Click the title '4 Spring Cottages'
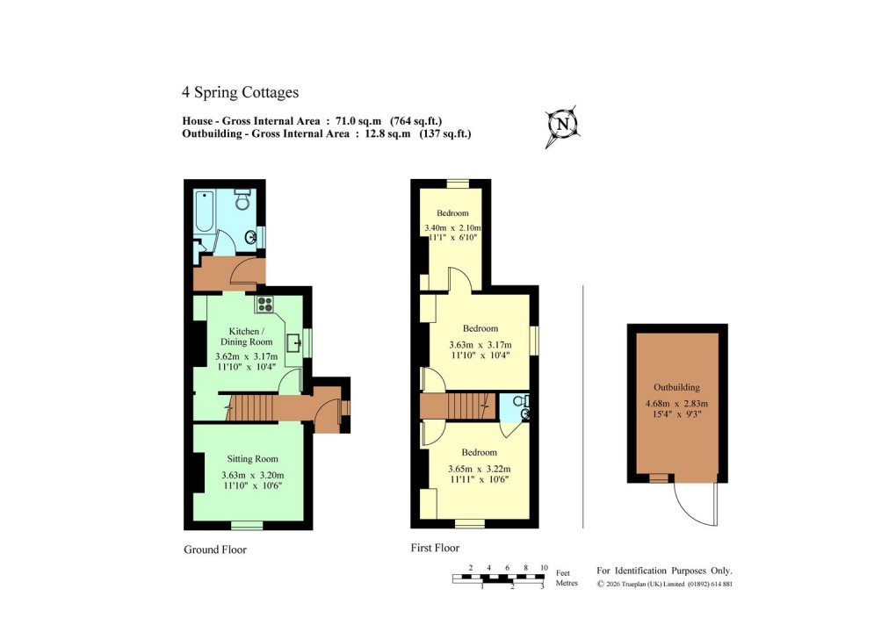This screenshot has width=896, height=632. point(240,92)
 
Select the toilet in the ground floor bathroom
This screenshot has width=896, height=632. point(243,199)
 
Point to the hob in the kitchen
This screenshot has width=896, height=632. point(265,305)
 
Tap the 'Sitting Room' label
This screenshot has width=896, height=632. point(252,458)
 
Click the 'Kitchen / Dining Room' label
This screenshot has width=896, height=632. point(246,336)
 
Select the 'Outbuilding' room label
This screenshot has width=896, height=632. point(676,387)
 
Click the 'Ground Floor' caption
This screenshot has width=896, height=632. point(215,550)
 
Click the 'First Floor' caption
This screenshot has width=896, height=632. point(435,548)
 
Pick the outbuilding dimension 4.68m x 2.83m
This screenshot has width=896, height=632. point(676,404)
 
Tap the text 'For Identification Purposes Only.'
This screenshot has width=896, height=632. point(664,570)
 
